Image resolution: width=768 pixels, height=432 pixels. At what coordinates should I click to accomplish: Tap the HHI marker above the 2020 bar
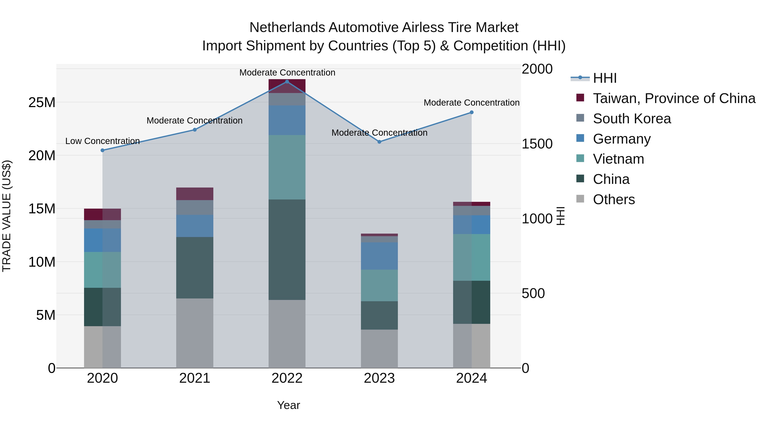(103, 150)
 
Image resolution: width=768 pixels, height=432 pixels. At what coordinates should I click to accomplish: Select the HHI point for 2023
(379, 142)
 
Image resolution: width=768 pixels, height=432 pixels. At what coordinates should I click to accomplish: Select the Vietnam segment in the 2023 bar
(379, 285)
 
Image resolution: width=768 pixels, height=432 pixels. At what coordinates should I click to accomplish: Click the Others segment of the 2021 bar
(195, 333)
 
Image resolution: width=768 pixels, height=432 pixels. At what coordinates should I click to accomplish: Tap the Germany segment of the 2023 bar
(379, 256)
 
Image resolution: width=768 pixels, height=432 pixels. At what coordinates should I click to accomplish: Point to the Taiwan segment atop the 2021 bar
(195, 194)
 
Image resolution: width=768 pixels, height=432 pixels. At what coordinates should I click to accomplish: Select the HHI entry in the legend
(605, 78)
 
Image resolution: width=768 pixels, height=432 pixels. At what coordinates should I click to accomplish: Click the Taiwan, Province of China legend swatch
(580, 97)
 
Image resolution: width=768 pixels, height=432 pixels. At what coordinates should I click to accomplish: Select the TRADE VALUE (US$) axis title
(7, 216)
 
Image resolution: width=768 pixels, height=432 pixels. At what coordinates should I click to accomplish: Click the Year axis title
(288, 405)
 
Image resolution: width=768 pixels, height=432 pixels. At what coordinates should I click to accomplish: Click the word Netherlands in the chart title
(287, 28)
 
